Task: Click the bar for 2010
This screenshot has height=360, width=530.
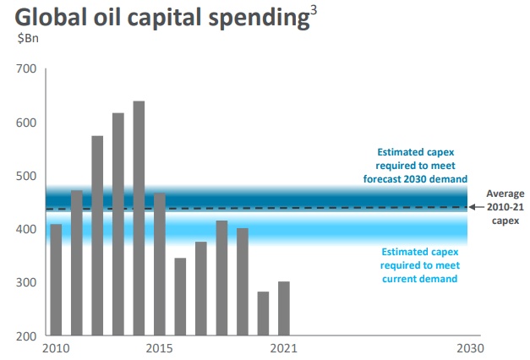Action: pyautogui.click(x=56, y=279)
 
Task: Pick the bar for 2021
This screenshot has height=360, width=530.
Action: pyautogui.click(x=284, y=308)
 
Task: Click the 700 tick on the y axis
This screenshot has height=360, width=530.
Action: pyautogui.click(x=25, y=68)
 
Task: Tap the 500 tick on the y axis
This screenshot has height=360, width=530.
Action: pyautogui.click(x=25, y=176)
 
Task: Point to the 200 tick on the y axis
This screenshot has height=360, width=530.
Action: pyautogui.click(x=25, y=335)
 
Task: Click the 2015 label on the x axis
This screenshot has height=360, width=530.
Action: pyautogui.click(x=160, y=349)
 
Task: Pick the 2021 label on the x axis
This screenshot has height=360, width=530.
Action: pyautogui.click(x=284, y=349)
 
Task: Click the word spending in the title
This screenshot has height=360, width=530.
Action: pyautogui.click(x=259, y=19)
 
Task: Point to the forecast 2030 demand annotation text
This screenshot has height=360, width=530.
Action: pyautogui.click(x=416, y=165)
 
